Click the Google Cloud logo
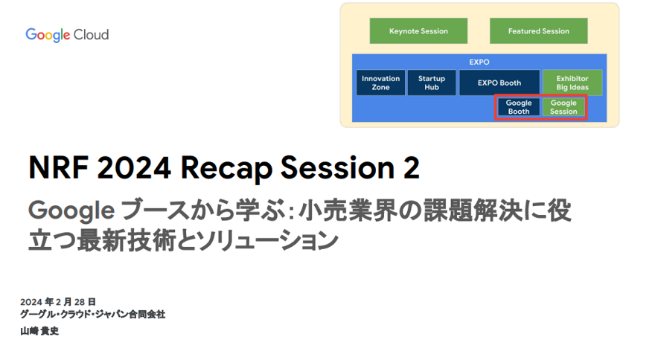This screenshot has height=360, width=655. coord(67,35)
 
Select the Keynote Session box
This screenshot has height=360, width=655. coord(418,31)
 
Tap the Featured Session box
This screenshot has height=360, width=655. coord(538,31)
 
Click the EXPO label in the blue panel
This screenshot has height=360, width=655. coord(479,62)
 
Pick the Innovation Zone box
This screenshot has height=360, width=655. coord(380,83)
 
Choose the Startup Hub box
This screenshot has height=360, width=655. coord(432,83)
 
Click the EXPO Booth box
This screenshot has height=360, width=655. coord(499,83)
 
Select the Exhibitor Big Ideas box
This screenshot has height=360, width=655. coord(572,83)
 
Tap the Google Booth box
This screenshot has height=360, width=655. coord(519,107)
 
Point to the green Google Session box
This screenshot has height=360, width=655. coord(563,107)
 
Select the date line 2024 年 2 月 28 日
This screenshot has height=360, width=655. coord(58,302)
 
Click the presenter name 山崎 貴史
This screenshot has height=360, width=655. coord(39,330)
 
